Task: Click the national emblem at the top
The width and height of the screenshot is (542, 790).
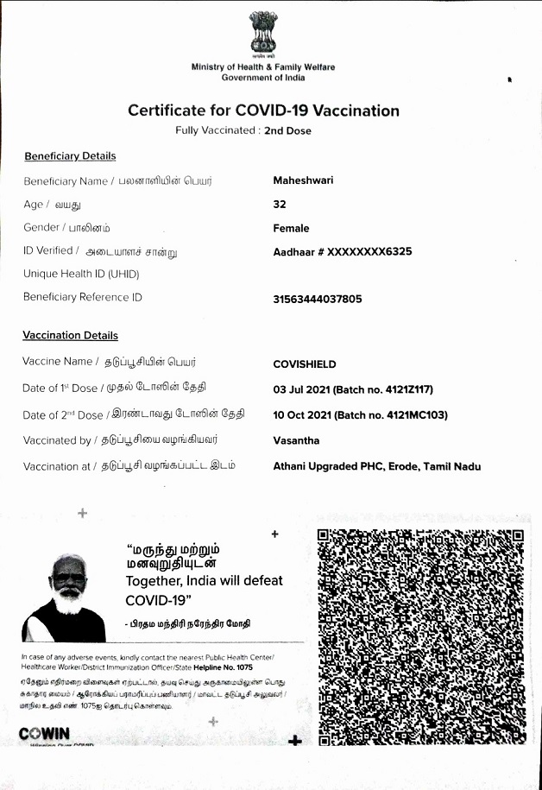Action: click(263, 34)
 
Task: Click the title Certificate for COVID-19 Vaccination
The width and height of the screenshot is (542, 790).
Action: click(263, 111)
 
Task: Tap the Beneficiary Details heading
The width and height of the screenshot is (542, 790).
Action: click(70, 156)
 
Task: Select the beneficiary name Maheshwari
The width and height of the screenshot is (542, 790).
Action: click(303, 180)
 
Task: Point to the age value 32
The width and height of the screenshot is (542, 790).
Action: click(280, 205)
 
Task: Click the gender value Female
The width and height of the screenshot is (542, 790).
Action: click(291, 228)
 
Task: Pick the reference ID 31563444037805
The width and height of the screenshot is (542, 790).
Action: click(318, 299)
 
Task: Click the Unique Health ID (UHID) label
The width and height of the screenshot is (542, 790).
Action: click(81, 274)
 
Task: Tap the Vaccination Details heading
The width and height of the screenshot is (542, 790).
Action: click(71, 335)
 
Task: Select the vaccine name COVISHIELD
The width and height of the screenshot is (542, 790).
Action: click(305, 364)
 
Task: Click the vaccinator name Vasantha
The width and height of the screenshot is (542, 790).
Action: click(296, 440)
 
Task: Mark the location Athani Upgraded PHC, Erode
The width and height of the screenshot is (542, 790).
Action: click(376, 466)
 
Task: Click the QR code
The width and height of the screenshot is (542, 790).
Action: click(420, 636)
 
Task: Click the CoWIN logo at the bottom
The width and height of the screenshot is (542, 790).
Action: click(44, 734)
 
